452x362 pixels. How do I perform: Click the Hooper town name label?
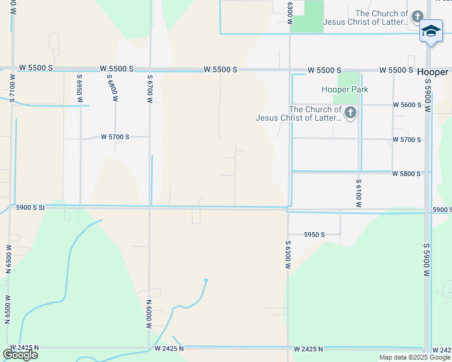pyautogui.click(x=432, y=71)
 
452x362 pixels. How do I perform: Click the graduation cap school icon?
pyautogui.click(x=431, y=31)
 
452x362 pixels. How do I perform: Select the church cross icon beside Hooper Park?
pyautogui.click(x=350, y=113)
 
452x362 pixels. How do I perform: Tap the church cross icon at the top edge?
pyautogui.click(x=417, y=17)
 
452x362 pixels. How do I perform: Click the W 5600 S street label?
pyautogui.click(x=407, y=104)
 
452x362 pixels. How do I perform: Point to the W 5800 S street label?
pyautogui.click(x=406, y=174)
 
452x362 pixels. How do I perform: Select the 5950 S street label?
pyautogui.click(x=314, y=234)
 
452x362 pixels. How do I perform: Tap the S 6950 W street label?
pyautogui.click(x=79, y=88)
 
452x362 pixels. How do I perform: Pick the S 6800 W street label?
pyautogui.click(x=111, y=88)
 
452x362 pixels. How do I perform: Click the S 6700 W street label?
pyautogui.click(x=149, y=88)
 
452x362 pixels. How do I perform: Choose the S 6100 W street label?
pyautogui.click(x=358, y=193)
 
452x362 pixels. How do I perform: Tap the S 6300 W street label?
pyautogui.click(x=288, y=252)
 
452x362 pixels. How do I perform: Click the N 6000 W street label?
pyautogui.click(x=149, y=314)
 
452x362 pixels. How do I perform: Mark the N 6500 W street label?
pyautogui.click(x=8, y=310)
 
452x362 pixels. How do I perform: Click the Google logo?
pyautogui.click(x=20, y=354)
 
